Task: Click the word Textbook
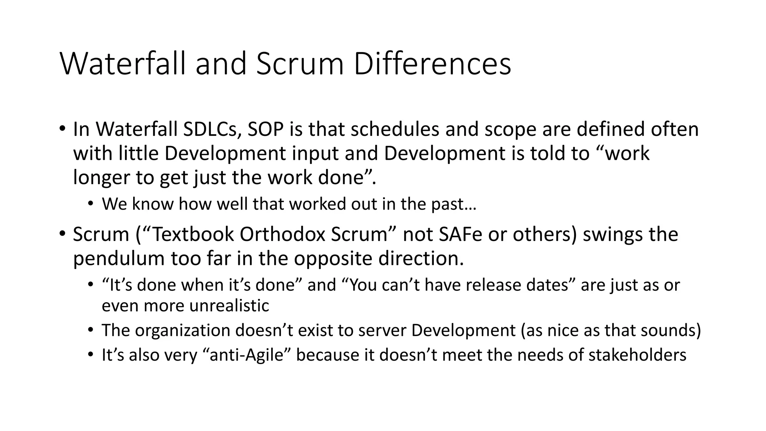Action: point(193,235)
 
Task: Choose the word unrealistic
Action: point(229,306)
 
